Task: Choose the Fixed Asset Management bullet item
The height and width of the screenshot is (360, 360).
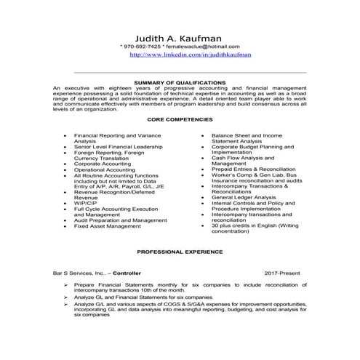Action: pos(107,226)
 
